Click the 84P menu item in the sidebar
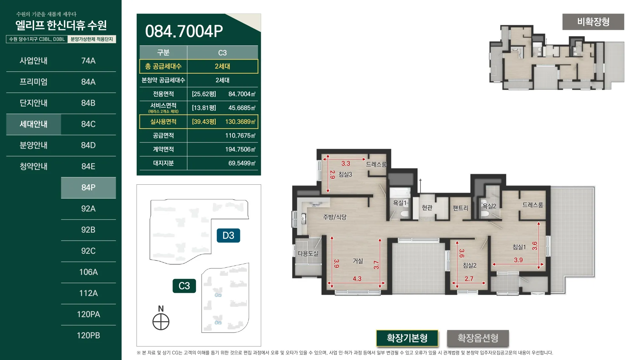pos(88,188)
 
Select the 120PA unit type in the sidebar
pos(88,314)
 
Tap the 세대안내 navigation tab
pos(34,124)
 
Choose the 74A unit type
pos(88,61)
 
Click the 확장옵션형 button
pos(478,338)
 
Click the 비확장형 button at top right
pos(593,22)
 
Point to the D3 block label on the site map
pos(228,236)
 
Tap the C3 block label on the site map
pos(184,286)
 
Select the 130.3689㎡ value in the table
pos(240,122)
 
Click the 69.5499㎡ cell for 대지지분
pos(242,163)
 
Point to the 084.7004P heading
pos(184,31)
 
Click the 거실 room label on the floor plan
pos(358,261)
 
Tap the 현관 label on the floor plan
pos(427,208)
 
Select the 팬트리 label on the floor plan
pos(460,208)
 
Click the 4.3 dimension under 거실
pos(357,279)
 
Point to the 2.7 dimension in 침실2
pos(469,279)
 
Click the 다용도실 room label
pos(308,253)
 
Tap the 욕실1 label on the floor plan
pos(400,203)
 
